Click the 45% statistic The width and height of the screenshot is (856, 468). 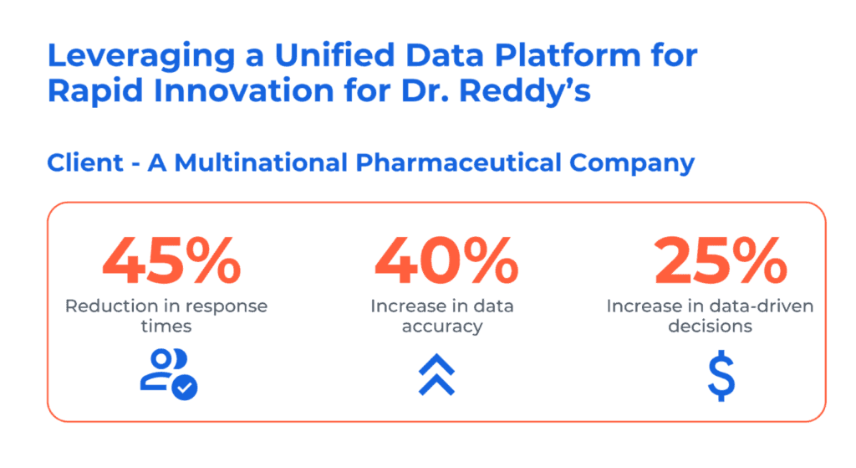[171, 260]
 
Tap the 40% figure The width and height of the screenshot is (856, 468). [446, 260]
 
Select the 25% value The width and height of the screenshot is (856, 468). [721, 260]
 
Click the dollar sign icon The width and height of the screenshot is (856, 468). [721, 376]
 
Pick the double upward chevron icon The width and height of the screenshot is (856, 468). [436, 374]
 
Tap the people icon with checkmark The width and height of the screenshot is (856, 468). [169, 374]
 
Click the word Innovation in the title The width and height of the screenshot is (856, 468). [244, 90]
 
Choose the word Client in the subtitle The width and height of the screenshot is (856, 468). [85, 162]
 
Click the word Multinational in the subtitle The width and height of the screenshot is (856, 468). [261, 162]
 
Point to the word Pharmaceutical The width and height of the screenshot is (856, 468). [459, 162]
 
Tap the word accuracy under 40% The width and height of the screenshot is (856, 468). [442, 327]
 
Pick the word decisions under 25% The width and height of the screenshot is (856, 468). [711, 327]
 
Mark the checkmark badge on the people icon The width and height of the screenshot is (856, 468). [185, 388]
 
